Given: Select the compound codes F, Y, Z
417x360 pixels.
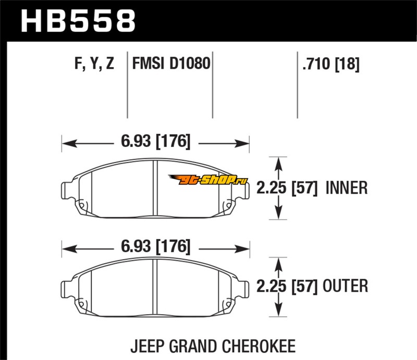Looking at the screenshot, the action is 94,64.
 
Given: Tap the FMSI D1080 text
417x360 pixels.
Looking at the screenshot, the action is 171,63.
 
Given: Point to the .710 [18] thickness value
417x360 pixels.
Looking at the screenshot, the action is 331,64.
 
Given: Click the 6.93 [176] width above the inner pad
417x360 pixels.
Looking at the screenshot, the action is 155,141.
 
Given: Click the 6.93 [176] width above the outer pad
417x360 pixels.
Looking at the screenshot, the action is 155,246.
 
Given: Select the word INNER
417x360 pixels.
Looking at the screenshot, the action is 347,188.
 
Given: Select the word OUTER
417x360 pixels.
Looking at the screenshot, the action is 345,286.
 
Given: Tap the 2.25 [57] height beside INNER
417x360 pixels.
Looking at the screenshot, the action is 287,188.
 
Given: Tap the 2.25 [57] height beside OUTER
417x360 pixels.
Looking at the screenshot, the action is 287,286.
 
